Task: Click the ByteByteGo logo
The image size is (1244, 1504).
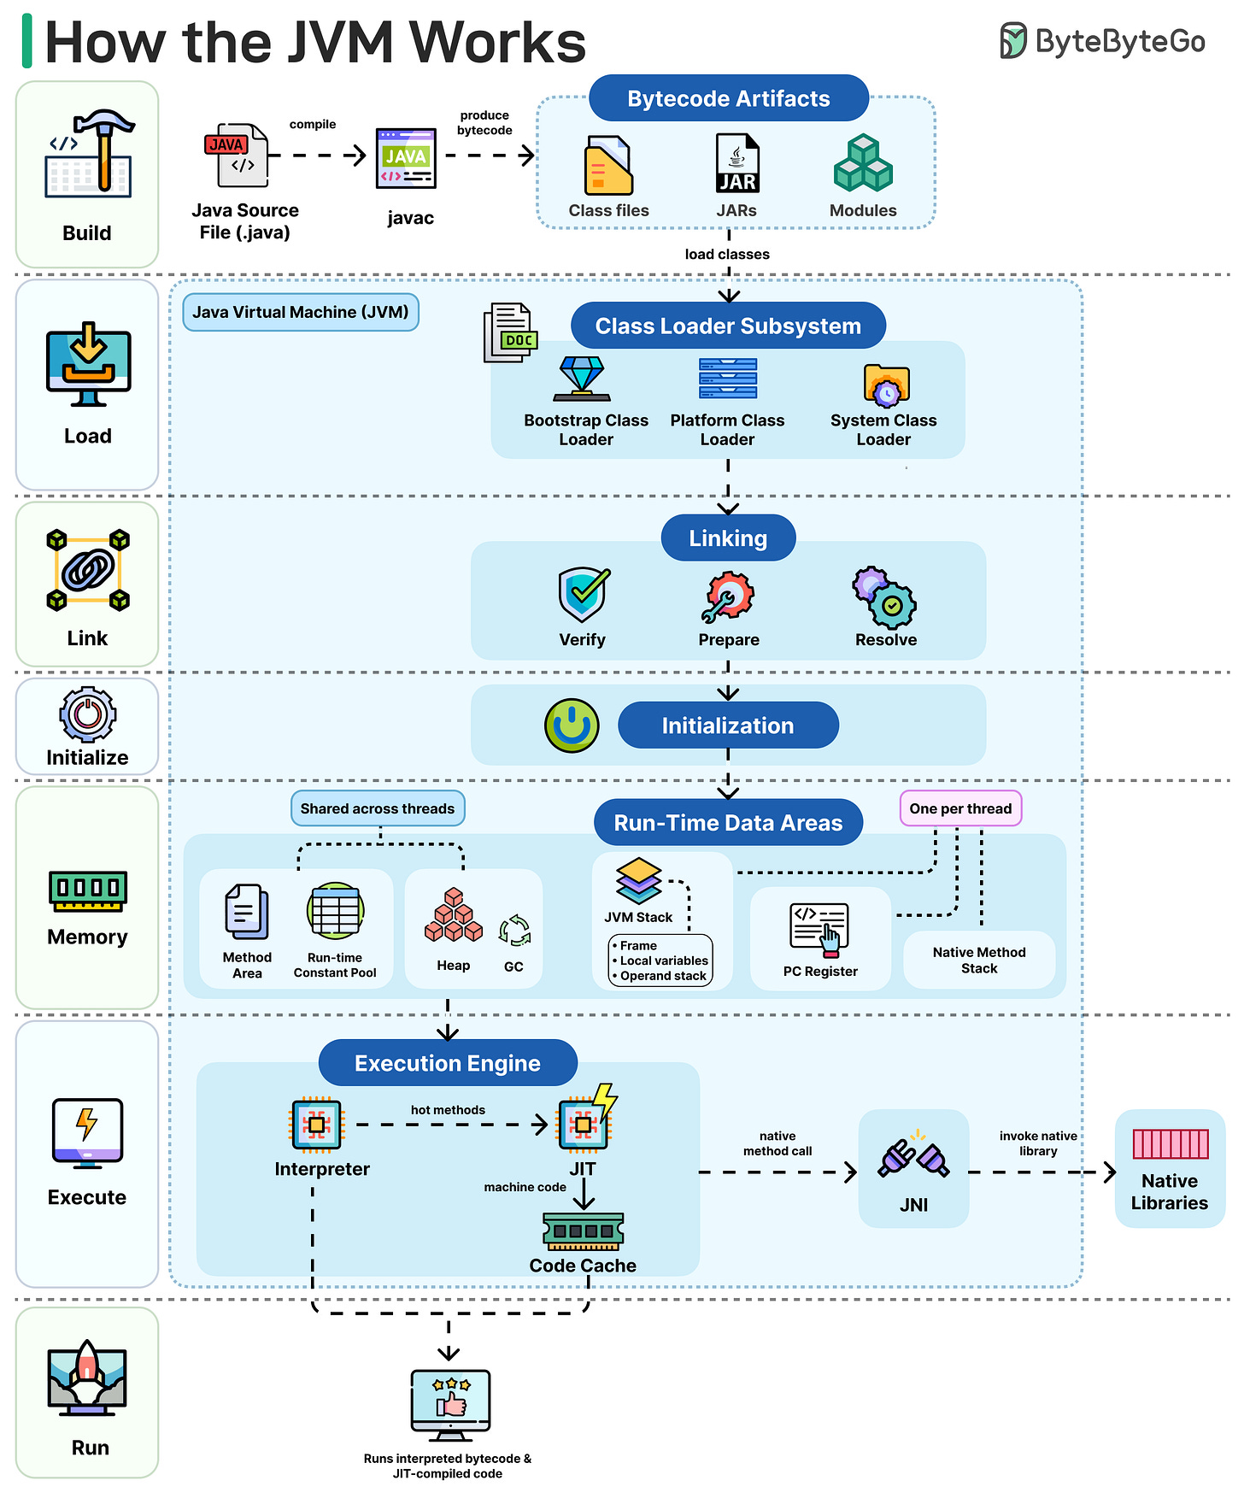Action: click(1102, 41)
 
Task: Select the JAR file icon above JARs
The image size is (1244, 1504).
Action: click(736, 163)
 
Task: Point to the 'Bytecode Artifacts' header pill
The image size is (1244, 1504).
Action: click(728, 98)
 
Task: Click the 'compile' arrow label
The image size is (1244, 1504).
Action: click(313, 125)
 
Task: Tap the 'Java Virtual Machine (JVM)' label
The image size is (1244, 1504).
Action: click(301, 313)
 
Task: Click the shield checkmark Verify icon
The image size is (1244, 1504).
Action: click(584, 595)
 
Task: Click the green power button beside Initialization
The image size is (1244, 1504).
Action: click(572, 726)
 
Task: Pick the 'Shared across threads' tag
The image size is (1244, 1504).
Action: click(378, 808)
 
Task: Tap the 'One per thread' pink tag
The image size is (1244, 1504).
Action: click(960, 808)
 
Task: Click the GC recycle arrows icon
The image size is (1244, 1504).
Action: click(514, 931)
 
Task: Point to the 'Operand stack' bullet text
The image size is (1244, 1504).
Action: click(663, 976)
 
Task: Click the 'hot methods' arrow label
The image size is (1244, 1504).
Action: click(448, 1110)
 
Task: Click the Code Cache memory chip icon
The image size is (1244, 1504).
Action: click(583, 1231)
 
